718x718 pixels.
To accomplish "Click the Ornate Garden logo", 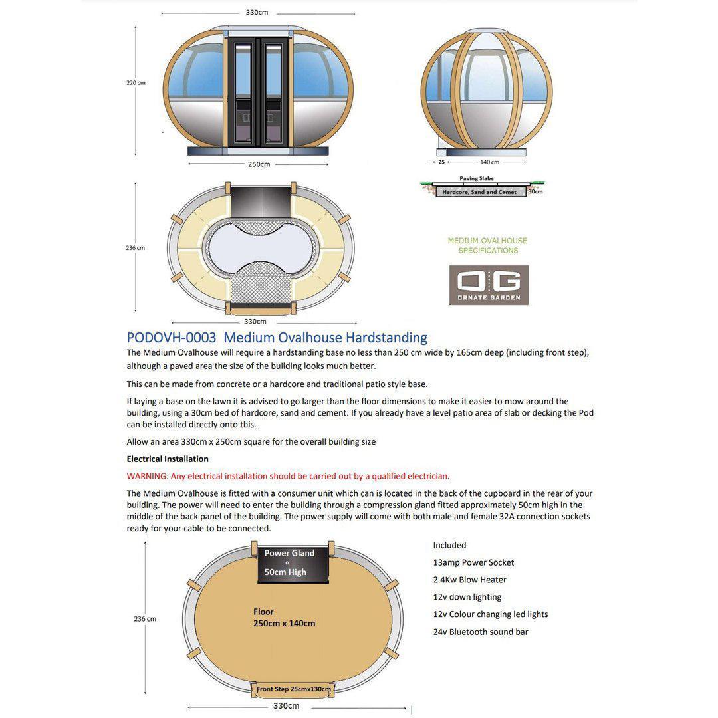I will point(489,285).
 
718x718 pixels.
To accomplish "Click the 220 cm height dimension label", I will point(136,83).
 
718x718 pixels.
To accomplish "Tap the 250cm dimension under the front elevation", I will point(259,164).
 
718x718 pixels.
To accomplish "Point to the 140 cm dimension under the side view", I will point(489,162).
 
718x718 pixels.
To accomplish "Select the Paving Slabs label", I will point(477,178).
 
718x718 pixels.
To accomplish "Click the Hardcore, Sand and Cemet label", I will point(479,192).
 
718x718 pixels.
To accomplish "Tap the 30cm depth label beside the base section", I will point(535,191).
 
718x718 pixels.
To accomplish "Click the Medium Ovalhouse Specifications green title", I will point(487,245).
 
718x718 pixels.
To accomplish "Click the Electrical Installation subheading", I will point(168,459).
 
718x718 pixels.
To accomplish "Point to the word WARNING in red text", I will point(147,476).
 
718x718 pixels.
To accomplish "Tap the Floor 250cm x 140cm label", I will point(284,618).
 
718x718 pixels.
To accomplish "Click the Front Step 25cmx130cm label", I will point(294,689).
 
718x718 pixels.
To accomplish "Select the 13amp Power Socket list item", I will point(473,562).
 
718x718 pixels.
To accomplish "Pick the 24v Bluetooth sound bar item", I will point(481,632).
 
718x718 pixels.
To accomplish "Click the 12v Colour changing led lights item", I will point(491,614).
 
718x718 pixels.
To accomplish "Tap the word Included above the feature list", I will point(449,545).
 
